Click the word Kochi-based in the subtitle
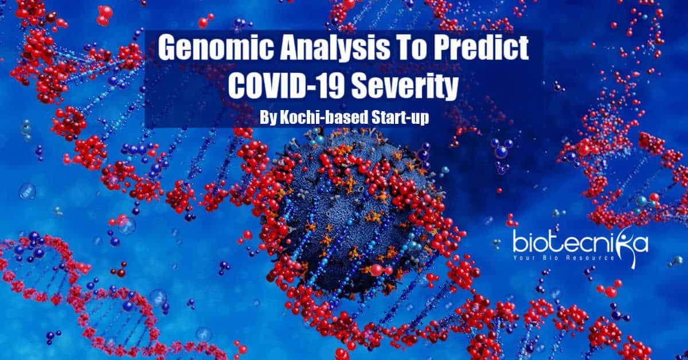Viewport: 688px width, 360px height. click(x=324, y=117)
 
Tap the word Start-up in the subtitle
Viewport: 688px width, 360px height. click(x=400, y=118)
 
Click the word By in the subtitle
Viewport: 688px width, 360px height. click(x=268, y=118)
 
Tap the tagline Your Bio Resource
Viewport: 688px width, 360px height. click(x=564, y=257)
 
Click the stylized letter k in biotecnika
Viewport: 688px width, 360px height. click(x=621, y=246)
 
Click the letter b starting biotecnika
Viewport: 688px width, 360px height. click(x=519, y=242)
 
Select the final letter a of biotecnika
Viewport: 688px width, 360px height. click(x=641, y=245)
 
